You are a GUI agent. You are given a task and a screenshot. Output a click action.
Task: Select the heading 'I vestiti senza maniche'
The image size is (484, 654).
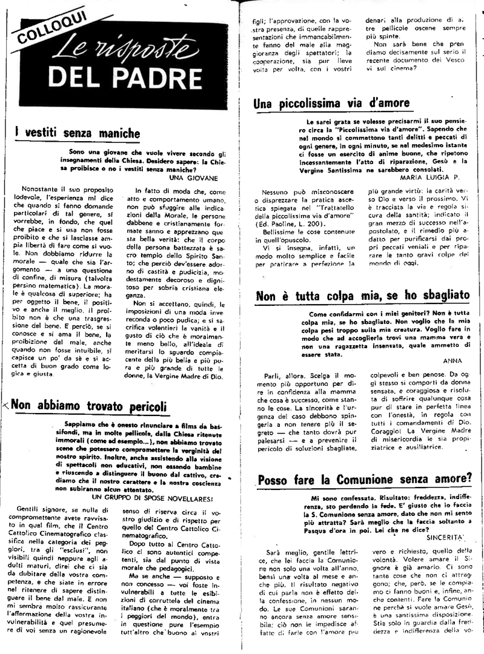pos(77,133)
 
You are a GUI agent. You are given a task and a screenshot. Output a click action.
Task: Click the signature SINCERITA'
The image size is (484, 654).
pos(447,536)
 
